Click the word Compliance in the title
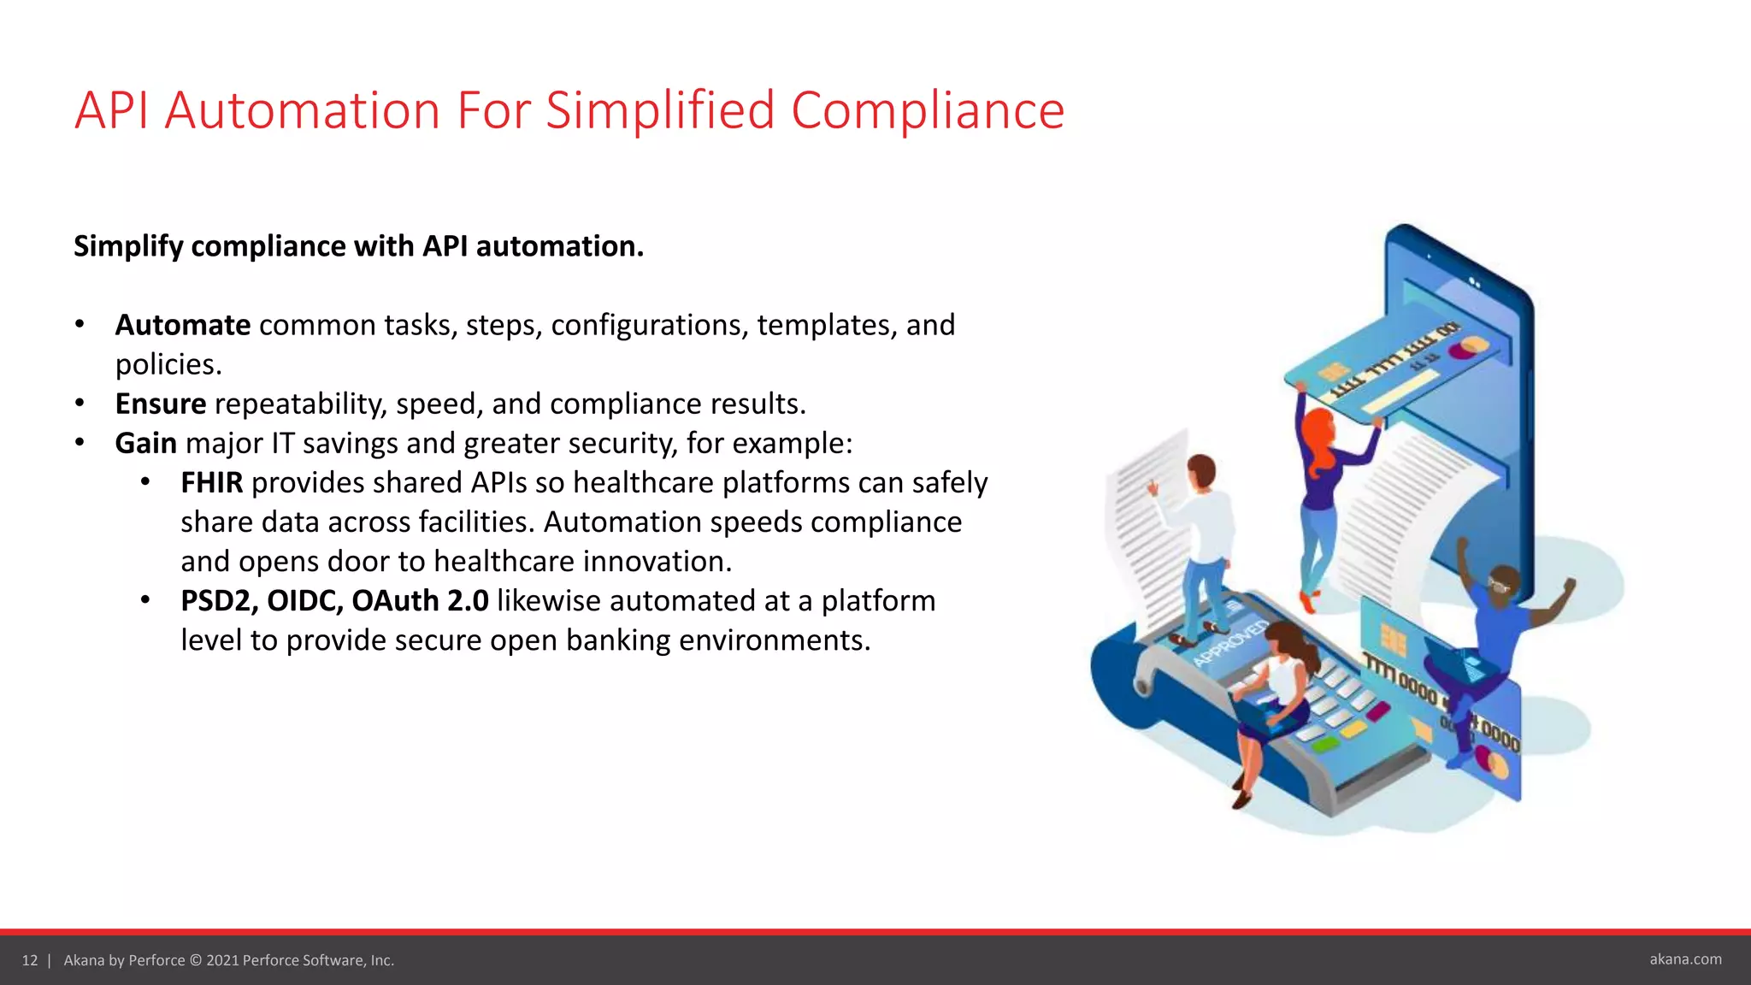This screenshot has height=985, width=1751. coord(928,111)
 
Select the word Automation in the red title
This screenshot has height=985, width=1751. coord(302,111)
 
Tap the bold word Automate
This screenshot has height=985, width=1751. coord(182,326)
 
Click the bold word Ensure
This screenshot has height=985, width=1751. coord(161,404)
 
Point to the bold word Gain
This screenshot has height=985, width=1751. coord(145,444)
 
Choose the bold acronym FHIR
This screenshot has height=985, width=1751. coord(211,483)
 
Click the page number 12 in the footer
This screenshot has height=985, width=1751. coord(30,960)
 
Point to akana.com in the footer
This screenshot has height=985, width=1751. coord(1685,959)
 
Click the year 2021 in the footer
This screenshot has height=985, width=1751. coord(222,960)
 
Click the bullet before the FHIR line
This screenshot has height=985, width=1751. coord(146,483)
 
